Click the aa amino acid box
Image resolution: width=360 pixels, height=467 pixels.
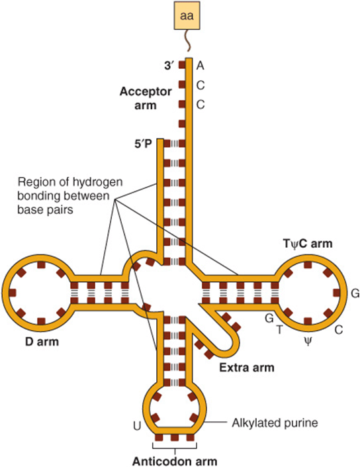tap(187, 16)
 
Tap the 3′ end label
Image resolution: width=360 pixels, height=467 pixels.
tap(169, 66)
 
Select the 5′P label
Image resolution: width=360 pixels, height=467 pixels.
tap(143, 144)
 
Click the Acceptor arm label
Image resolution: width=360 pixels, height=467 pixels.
tap(146, 98)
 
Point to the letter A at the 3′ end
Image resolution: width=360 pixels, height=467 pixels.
tap(201, 66)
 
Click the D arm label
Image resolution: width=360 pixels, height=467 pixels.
tap(42, 342)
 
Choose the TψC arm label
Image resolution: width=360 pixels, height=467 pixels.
tap(308, 244)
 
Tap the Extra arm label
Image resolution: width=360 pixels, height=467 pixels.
tap(247, 368)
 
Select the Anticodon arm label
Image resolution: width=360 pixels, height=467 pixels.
tap(175, 461)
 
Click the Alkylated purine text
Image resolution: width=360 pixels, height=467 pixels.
tap(275, 423)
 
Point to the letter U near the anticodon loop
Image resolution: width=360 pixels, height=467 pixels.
tap(137, 427)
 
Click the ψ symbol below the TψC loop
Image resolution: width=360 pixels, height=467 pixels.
tap(308, 341)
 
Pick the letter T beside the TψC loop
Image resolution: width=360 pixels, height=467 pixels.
tap(279, 330)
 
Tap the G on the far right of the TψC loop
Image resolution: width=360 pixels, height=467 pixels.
tap(355, 293)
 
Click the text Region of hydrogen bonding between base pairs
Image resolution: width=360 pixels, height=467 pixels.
tap(70, 195)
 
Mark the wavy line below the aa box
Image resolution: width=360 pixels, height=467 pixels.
tap(188, 41)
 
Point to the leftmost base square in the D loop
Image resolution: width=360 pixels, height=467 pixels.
tap(13, 293)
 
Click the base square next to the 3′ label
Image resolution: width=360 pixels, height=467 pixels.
tap(182, 66)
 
